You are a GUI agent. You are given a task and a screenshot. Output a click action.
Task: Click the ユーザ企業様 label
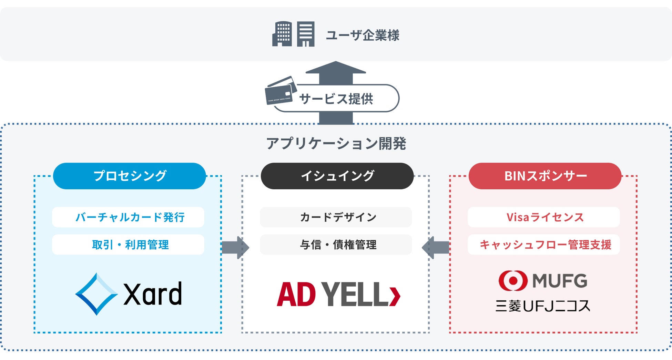pyautogui.click(x=363, y=35)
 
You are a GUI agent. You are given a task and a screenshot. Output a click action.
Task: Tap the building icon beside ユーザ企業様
pyautogui.click(x=293, y=34)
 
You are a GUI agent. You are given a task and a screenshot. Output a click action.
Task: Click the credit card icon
pyautogui.click(x=281, y=91)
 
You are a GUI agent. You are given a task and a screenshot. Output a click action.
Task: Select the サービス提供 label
pyautogui.click(x=336, y=99)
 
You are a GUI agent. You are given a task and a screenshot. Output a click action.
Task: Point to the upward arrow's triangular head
pyautogui.click(x=336, y=68)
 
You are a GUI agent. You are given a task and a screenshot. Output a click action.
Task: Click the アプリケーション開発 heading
pyautogui.click(x=336, y=143)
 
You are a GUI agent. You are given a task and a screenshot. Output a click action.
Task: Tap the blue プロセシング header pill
pyautogui.click(x=130, y=176)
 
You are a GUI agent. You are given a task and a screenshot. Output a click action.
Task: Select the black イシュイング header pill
pyautogui.click(x=337, y=176)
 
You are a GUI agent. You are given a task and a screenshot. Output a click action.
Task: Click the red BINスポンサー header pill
pyautogui.click(x=545, y=176)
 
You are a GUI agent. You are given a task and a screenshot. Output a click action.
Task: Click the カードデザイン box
pyautogui.click(x=336, y=217)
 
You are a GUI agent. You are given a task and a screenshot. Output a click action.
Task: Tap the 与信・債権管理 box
pyautogui.click(x=336, y=245)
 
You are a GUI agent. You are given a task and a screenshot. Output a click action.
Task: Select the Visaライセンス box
pyautogui.click(x=543, y=217)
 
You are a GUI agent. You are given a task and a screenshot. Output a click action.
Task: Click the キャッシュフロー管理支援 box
pyautogui.click(x=543, y=245)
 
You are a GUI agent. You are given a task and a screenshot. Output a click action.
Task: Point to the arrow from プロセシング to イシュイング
pyautogui.click(x=235, y=247)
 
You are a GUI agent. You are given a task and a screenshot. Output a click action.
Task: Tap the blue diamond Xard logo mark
pyautogui.click(x=96, y=294)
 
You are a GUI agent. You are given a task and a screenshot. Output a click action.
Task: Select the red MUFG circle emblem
pyautogui.click(x=513, y=280)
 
